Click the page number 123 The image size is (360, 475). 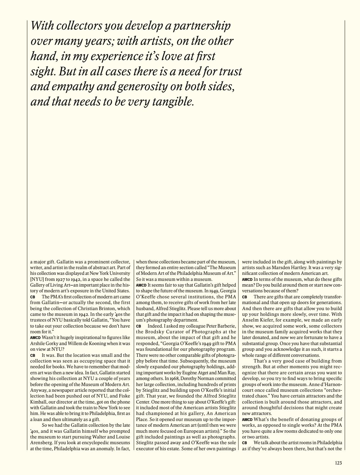click(x=338, y=463)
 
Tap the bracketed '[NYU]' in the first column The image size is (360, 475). click(x=37, y=279)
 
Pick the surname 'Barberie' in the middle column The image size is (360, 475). click(x=226, y=326)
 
